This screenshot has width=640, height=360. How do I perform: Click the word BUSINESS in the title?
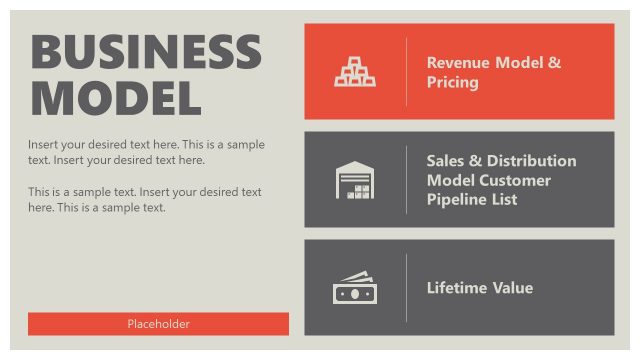146,52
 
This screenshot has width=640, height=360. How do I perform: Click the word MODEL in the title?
116,97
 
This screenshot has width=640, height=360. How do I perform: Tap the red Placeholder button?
158,324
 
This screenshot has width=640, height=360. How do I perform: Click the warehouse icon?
355,180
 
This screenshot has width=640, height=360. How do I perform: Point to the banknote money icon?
355,288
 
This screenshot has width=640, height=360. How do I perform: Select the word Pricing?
452,82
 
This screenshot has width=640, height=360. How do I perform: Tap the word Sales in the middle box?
447,160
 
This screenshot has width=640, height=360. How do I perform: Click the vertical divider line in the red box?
406,72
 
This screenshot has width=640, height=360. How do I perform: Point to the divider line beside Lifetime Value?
406,288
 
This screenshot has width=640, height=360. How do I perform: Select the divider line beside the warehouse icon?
406,180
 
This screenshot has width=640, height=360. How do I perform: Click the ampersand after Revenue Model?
555,62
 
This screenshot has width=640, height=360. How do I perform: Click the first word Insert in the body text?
44,144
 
